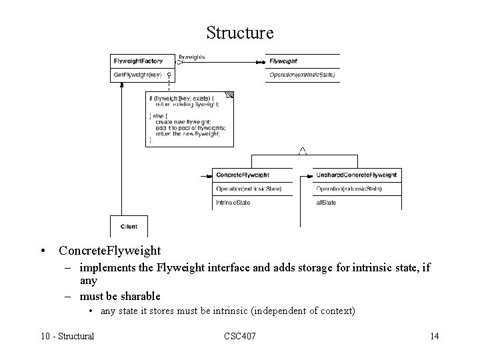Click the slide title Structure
(240, 32)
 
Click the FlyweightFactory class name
(139, 61)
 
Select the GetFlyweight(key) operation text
(138, 75)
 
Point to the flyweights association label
(192, 57)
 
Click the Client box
(129, 227)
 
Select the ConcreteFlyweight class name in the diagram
(243, 175)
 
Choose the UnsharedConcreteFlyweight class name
(356, 175)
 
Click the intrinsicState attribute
(233, 202)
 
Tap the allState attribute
(326, 202)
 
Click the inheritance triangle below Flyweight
(302, 151)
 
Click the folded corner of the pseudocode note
(230, 95)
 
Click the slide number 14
(434, 335)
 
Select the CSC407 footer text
(239, 335)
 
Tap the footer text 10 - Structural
(67, 335)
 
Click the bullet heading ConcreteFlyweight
(109, 251)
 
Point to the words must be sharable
(120, 295)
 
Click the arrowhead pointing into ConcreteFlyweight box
(205, 176)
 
